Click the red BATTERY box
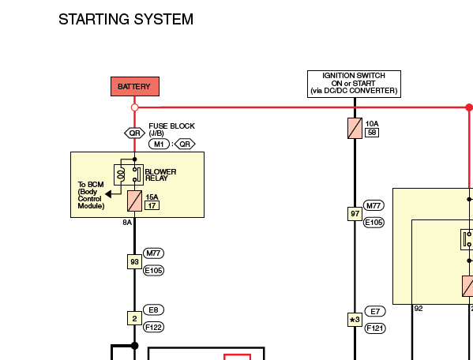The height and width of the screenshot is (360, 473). pos(135,87)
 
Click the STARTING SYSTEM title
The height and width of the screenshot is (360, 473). pos(126,19)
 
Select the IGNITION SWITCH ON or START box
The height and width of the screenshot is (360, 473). pos(354,84)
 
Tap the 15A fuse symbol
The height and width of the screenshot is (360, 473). pos(134,201)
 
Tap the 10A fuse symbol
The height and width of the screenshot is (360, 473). pos(355,129)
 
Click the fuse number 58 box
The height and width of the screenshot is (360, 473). pos(372,133)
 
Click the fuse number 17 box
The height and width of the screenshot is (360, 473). pos(152,205)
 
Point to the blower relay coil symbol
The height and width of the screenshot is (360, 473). pos(122,175)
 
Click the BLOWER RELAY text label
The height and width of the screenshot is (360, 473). pos(160,175)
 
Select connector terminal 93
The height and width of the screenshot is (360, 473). pos(134,261)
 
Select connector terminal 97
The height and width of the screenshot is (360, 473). pos(355,214)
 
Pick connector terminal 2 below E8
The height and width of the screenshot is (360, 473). pos(134,318)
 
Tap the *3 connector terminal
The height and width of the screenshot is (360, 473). pos(355,320)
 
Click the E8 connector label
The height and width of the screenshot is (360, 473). pos(153,310)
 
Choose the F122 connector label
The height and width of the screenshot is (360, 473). pos(153,327)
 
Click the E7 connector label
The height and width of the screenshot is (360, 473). pos(375,311)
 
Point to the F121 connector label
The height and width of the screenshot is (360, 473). pos(375,328)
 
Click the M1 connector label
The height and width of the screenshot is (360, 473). pos(159,144)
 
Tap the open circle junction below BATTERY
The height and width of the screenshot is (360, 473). pos(134,107)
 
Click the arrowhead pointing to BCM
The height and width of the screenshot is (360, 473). pos(108,194)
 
